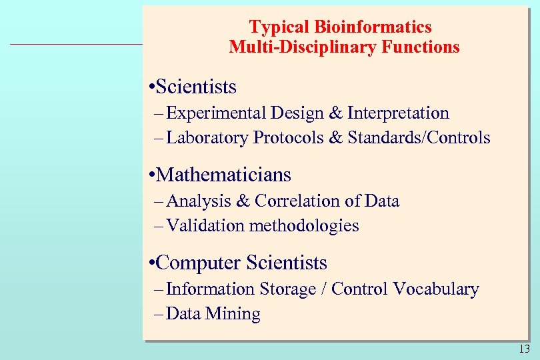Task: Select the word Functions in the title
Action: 421,47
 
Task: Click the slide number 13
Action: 524,349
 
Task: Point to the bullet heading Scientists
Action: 197,87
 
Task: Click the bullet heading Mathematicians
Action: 225,175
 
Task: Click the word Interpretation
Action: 399,113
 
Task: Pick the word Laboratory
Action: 207,138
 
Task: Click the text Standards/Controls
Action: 419,138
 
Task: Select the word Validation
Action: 206,226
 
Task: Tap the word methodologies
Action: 304,226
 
